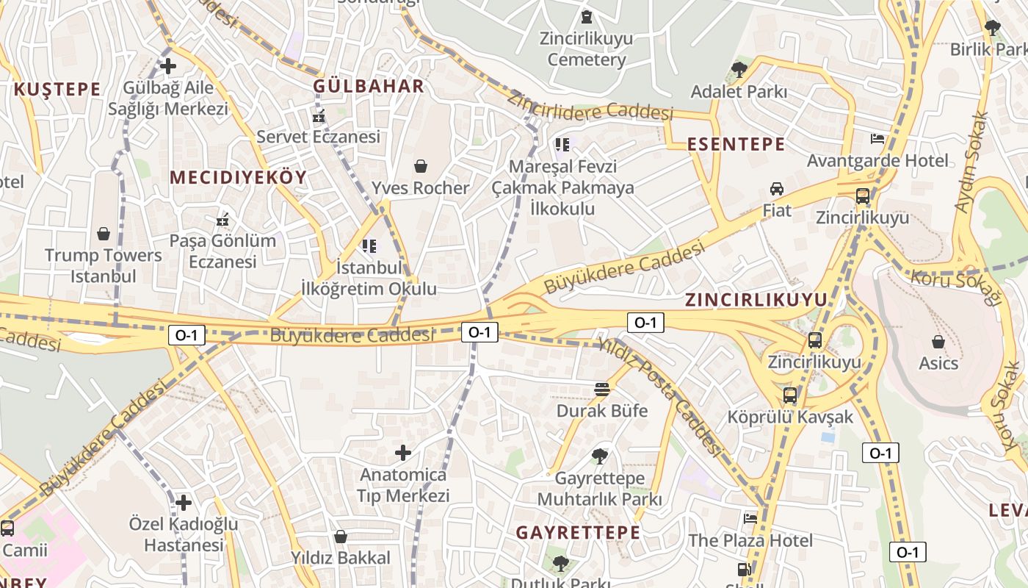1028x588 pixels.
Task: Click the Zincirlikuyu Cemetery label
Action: [x=586, y=49]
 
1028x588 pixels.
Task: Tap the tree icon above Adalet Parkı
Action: [x=739, y=70]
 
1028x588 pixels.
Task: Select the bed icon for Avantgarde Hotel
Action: [x=877, y=138]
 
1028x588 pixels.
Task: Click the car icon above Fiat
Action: [x=776, y=189]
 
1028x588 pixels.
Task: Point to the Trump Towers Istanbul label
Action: [x=103, y=265]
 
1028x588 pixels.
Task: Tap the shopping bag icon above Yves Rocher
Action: [x=421, y=166]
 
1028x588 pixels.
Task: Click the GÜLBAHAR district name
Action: [x=369, y=86]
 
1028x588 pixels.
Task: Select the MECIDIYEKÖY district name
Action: [x=238, y=177]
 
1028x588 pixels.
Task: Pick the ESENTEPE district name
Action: [x=736, y=144]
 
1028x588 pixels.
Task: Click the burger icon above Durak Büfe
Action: [x=602, y=389]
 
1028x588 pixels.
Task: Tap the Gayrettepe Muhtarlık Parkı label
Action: [x=599, y=489]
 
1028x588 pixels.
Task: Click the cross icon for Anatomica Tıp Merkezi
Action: [x=402, y=453]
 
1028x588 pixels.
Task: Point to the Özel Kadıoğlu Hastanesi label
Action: [x=184, y=534]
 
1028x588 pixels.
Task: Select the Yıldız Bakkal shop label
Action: [x=341, y=558]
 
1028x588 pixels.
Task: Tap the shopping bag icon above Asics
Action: [x=938, y=342]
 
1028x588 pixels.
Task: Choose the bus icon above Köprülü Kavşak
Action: [x=790, y=395]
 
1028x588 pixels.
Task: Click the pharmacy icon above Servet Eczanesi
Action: [x=319, y=116]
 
